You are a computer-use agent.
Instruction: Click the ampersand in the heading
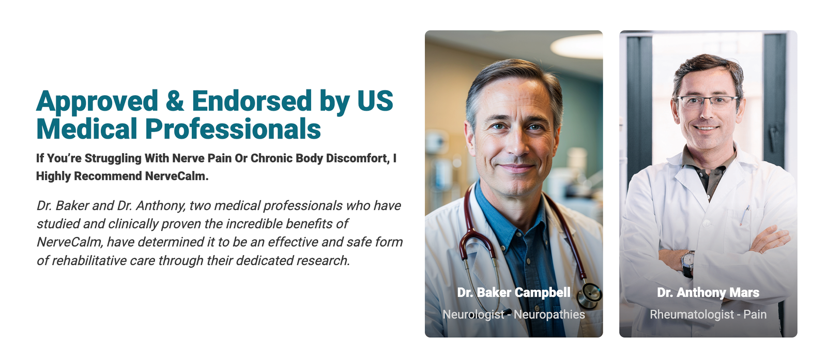click(x=175, y=101)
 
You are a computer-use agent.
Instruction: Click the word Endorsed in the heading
click(x=252, y=101)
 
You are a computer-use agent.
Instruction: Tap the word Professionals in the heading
click(x=233, y=129)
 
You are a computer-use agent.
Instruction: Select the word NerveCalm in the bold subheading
click(x=176, y=176)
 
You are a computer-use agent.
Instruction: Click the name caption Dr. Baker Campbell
click(x=514, y=293)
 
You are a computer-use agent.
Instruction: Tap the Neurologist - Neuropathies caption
click(x=514, y=314)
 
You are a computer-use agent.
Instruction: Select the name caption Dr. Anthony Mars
click(x=708, y=293)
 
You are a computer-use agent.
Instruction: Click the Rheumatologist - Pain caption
click(x=708, y=314)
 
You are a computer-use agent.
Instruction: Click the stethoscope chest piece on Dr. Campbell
click(x=590, y=296)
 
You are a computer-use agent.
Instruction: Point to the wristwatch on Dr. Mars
click(x=687, y=263)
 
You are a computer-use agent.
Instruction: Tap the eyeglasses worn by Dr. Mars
click(x=707, y=102)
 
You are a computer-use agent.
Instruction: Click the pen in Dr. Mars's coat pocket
click(x=744, y=215)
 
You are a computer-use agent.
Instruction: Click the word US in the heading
click(x=375, y=101)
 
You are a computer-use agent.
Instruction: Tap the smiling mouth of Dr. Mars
click(x=706, y=128)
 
